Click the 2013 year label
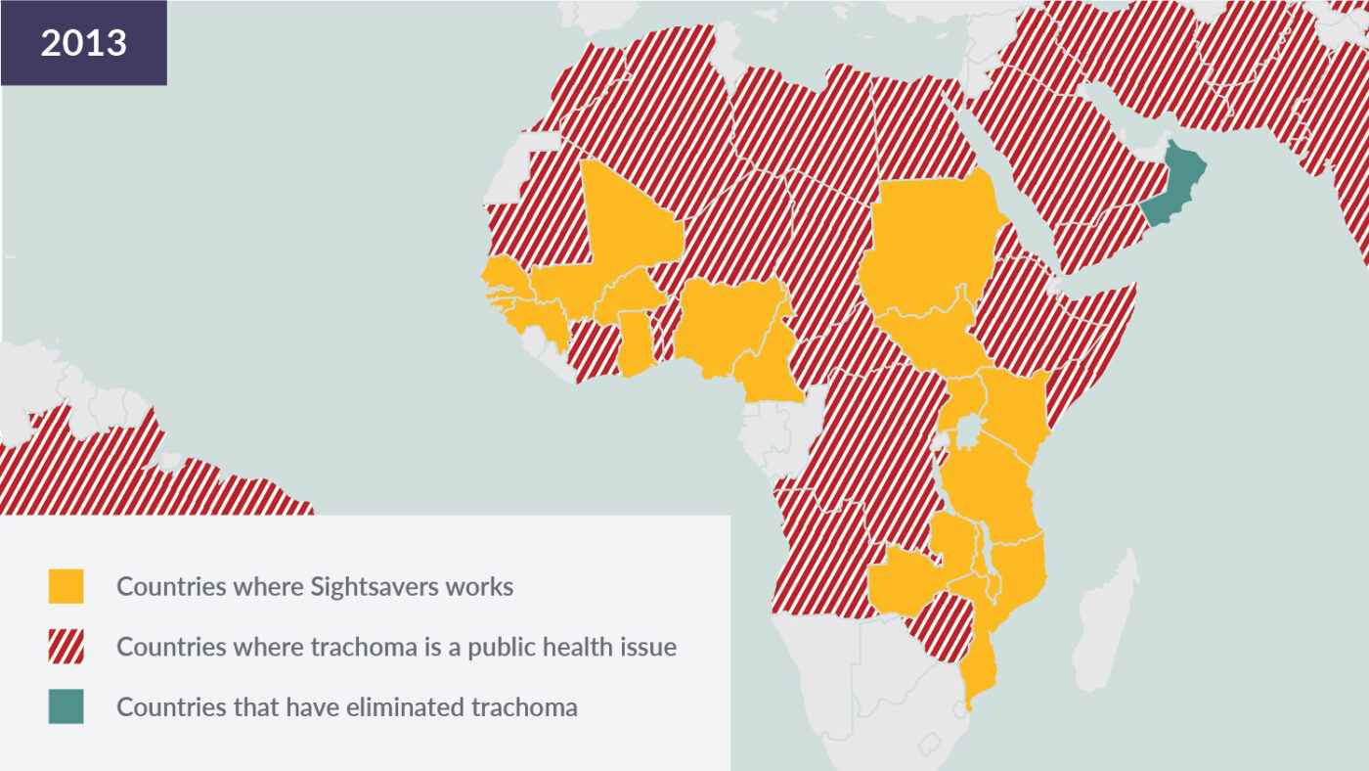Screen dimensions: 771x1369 (x=83, y=43)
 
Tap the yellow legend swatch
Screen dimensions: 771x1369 (x=66, y=587)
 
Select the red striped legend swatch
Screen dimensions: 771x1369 (x=66, y=647)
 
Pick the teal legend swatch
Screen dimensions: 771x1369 (x=66, y=706)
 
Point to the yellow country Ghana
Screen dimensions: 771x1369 (x=637, y=342)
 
